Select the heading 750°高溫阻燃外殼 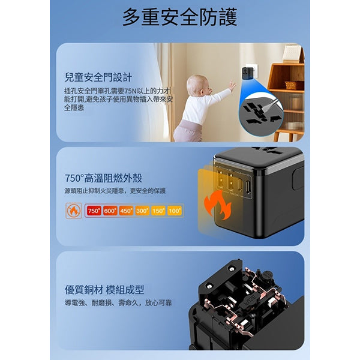coord(103,178)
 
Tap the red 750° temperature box coord(94,211)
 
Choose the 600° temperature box coord(110,211)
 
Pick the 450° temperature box coord(126,211)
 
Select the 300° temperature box coord(142,211)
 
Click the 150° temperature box coord(158,211)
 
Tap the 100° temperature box coord(175,211)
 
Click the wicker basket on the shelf coord(294,85)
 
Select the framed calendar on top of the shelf coord(292,53)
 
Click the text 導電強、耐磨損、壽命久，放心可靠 coord(118,303)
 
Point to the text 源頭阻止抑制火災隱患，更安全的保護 coord(115,191)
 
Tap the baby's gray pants coord(188,130)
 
